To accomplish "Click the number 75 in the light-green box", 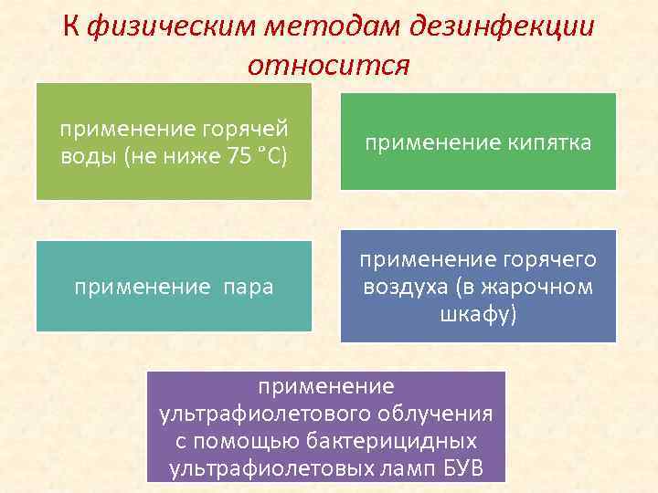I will click(239, 156).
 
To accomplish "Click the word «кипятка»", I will click(545, 142).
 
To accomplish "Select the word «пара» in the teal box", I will click(247, 288).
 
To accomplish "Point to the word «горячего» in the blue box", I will click(545, 260).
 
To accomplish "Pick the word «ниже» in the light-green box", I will click(191, 156).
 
